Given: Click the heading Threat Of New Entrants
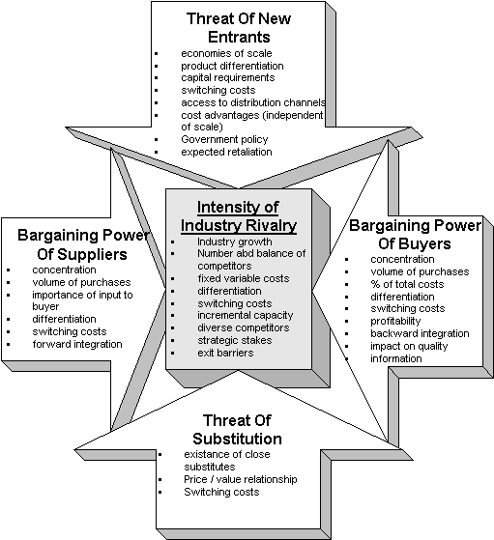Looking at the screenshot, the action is (x=239, y=28).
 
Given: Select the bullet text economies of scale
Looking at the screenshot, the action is (x=226, y=53).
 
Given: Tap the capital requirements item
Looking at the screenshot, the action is (x=228, y=78).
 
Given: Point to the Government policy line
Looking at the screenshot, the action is (x=224, y=139).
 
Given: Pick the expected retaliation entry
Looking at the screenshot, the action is (x=226, y=152).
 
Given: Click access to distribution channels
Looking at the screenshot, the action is (x=253, y=102).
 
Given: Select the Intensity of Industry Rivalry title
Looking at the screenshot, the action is (x=239, y=216).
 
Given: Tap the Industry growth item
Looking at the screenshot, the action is (x=234, y=242).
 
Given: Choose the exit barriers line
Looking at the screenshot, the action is (x=225, y=353).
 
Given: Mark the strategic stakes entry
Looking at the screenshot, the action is (x=235, y=340).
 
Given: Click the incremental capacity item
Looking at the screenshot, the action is (x=246, y=316).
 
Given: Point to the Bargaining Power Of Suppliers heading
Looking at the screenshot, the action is (x=83, y=244).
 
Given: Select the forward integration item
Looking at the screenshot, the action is (x=77, y=345).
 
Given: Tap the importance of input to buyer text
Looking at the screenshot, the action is (x=82, y=300).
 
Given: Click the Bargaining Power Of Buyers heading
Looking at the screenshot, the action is (x=415, y=235).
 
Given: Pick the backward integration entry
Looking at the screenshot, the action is (x=420, y=333).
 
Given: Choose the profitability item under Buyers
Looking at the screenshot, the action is (x=395, y=322).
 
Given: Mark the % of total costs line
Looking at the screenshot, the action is (x=407, y=284).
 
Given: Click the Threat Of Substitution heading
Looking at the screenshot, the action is (x=237, y=430).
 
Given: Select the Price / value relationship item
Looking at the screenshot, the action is (x=241, y=479).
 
